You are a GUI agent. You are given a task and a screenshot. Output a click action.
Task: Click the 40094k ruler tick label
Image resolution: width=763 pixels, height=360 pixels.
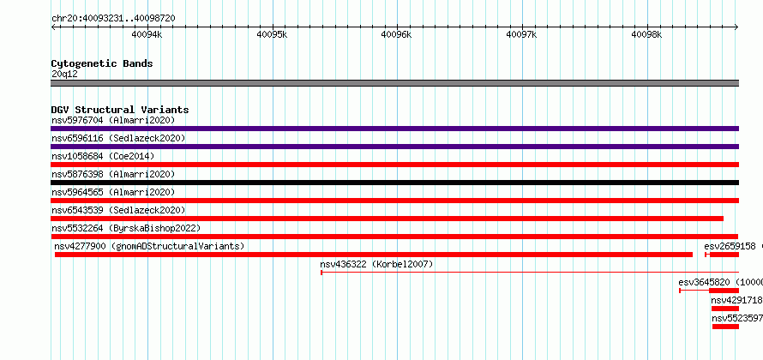[x=147, y=34]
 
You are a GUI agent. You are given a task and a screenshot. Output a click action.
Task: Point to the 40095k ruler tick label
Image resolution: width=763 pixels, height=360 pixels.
[x=272, y=34]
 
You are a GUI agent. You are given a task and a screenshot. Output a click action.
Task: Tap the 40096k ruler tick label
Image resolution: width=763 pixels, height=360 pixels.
[x=397, y=34]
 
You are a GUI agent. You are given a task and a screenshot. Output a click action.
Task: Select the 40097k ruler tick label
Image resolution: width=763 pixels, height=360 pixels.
[x=522, y=34]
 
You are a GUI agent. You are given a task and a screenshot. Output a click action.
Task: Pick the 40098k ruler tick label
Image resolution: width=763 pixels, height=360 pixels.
[x=646, y=34]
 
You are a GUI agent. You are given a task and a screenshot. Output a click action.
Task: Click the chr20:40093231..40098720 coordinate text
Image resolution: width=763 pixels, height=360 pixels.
[x=113, y=19]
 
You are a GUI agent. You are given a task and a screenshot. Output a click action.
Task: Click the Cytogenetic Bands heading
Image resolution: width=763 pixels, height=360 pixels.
[x=102, y=63]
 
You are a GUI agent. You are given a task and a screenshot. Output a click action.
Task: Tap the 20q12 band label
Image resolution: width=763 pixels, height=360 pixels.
[x=64, y=75]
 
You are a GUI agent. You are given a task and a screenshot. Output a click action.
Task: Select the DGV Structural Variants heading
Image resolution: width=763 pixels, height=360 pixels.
[x=120, y=110]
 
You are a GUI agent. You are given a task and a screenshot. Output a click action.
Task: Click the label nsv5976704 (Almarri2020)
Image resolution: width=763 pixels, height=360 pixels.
[x=113, y=120]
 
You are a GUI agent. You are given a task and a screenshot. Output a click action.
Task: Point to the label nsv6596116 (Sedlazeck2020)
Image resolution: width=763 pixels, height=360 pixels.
[x=118, y=138]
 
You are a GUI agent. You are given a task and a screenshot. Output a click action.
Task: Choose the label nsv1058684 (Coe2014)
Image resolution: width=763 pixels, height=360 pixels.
[x=103, y=156]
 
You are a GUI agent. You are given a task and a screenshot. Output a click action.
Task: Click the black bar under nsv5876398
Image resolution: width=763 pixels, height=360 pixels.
[x=394, y=183]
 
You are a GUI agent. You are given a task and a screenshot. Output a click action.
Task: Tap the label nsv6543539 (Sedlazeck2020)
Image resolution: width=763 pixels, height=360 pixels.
[x=118, y=210]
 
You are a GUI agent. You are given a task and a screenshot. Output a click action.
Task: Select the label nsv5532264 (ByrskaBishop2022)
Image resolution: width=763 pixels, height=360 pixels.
[x=126, y=228]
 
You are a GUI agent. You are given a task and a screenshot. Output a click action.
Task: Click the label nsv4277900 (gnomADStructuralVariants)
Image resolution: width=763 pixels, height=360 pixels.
[x=149, y=246]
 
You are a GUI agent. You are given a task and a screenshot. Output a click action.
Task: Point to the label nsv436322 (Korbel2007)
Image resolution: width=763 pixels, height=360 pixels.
[x=376, y=264]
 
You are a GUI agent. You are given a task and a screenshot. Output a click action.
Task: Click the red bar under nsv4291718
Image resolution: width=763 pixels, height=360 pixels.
[x=725, y=309]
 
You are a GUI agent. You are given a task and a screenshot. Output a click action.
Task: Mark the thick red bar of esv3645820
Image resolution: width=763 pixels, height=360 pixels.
[x=724, y=291]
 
